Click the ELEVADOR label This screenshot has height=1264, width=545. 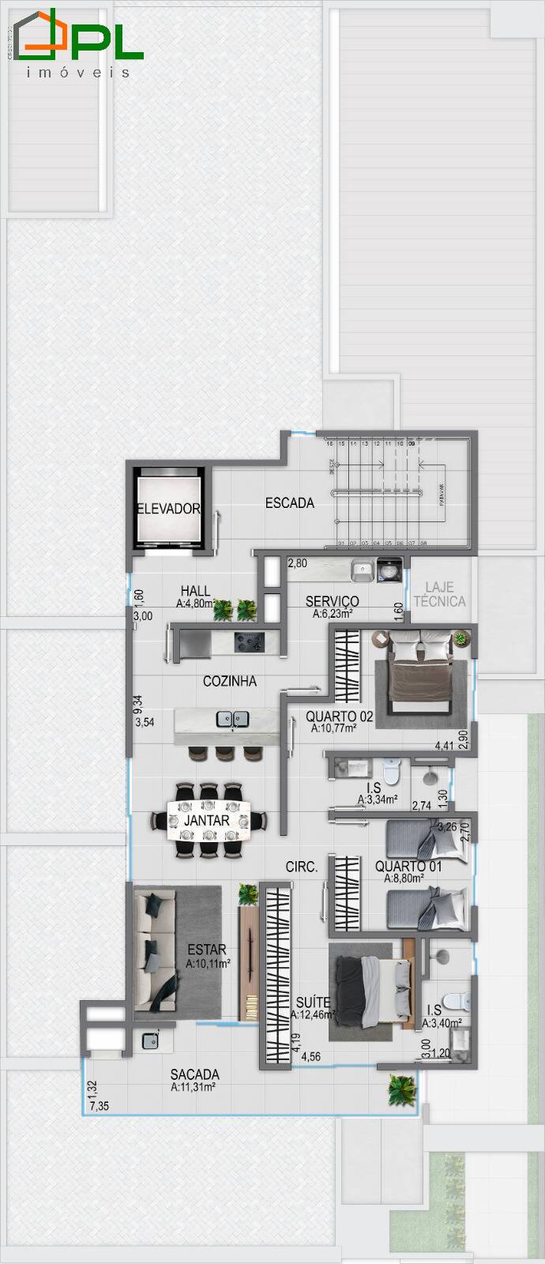click(x=168, y=509)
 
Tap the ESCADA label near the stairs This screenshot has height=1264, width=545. click(x=290, y=502)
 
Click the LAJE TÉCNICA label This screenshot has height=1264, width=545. click(x=439, y=594)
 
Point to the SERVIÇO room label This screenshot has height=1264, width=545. click(x=332, y=602)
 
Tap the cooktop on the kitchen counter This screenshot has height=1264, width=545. click(x=249, y=641)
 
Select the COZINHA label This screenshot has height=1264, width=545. click(x=229, y=681)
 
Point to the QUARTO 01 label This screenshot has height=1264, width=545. click(x=408, y=867)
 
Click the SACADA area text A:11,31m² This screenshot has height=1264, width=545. click(x=194, y=1087)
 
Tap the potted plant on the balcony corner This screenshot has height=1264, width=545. click(x=401, y=1090)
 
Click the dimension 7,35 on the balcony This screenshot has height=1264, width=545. click(x=100, y=1106)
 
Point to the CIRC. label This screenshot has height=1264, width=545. click(x=302, y=867)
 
